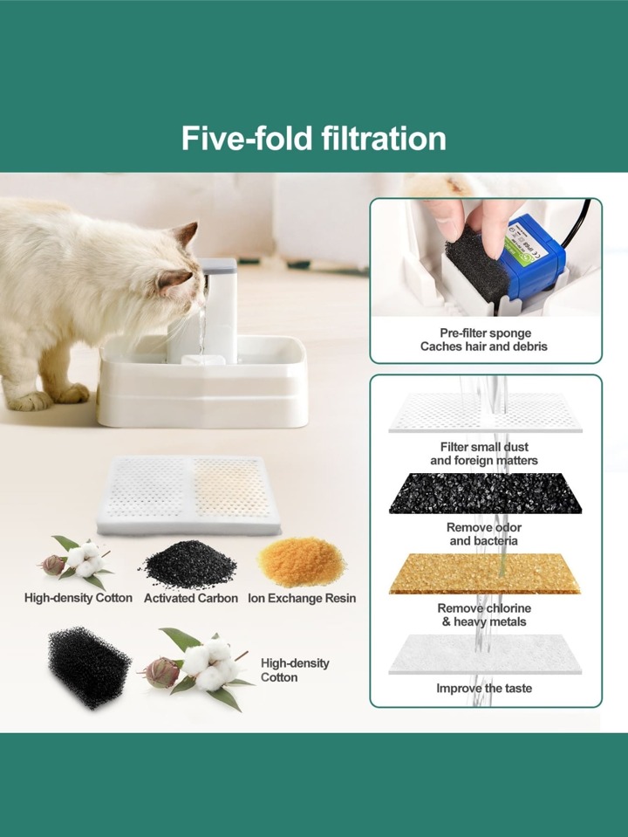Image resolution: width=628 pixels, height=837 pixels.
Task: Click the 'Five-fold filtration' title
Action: tap(314, 138)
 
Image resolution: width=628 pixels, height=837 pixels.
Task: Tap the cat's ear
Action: tap(187, 234)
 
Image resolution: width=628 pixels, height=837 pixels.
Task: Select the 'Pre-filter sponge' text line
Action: tap(486, 333)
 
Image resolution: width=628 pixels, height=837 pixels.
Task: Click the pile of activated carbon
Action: tap(190, 564)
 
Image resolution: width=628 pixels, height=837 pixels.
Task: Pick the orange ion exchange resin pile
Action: tap(301, 560)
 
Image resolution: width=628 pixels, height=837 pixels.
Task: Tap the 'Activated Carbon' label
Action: tap(191, 599)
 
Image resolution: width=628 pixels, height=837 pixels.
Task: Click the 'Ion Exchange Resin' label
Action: tap(302, 599)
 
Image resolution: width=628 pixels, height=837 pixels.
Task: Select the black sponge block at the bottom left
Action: tap(89, 668)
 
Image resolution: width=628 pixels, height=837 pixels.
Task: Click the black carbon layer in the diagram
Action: tap(485, 494)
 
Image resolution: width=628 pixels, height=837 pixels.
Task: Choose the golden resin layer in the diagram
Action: tap(485, 573)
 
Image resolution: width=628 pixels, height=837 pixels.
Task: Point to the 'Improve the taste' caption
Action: tap(484, 688)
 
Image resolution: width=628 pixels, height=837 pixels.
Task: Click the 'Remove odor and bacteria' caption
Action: tap(484, 534)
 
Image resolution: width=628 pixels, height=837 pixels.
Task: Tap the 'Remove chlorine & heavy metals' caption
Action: tap(484, 615)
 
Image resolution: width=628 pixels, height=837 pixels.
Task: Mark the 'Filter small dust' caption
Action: tap(484, 447)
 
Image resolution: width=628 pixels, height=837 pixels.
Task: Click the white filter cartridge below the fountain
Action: tap(188, 495)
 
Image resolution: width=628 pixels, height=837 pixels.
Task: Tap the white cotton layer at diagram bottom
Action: tap(485, 654)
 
